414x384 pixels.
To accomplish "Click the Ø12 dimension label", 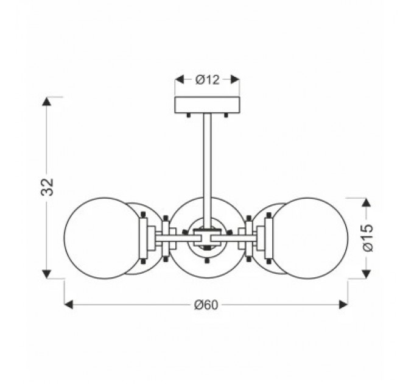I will tap(207, 79).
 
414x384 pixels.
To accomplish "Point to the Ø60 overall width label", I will tap(206, 305).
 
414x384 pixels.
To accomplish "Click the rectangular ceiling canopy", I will tap(207, 105).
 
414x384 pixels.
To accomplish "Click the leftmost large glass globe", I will tap(100, 238).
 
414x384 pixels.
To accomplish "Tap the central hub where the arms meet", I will tap(207, 235).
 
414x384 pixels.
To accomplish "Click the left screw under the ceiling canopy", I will tap(189, 115).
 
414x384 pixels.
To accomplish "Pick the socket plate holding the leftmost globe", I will tap(144, 238).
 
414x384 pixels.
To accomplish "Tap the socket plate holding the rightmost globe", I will tap(268, 238).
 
